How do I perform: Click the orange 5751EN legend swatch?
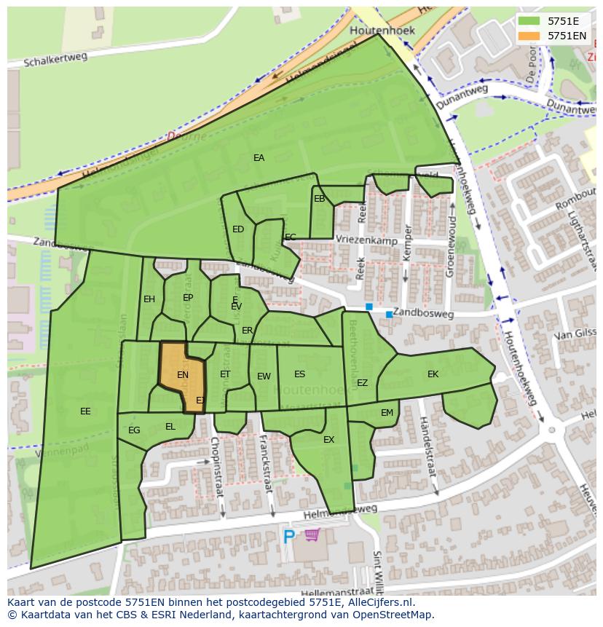(x=530, y=35)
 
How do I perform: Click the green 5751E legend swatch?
(x=530, y=21)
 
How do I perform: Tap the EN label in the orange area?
(x=183, y=375)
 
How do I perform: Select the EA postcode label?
(x=259, y=157)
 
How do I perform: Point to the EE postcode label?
(x=85, y=411)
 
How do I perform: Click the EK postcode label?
(x=433, y=374)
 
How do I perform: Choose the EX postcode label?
(x=328, y=440)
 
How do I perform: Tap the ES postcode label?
(x=299, y=374)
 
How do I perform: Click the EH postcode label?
(x=149, y=299)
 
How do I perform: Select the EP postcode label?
(x=188, y=298)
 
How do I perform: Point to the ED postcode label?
(x=238, y=229)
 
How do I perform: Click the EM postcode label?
(x=387, y=413)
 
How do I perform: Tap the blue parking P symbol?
(x=289, y=537)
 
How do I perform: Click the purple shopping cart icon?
(x=312, y=535)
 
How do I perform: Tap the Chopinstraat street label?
(x=216, y=466)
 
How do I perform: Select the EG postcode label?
(x=134, y=430)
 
